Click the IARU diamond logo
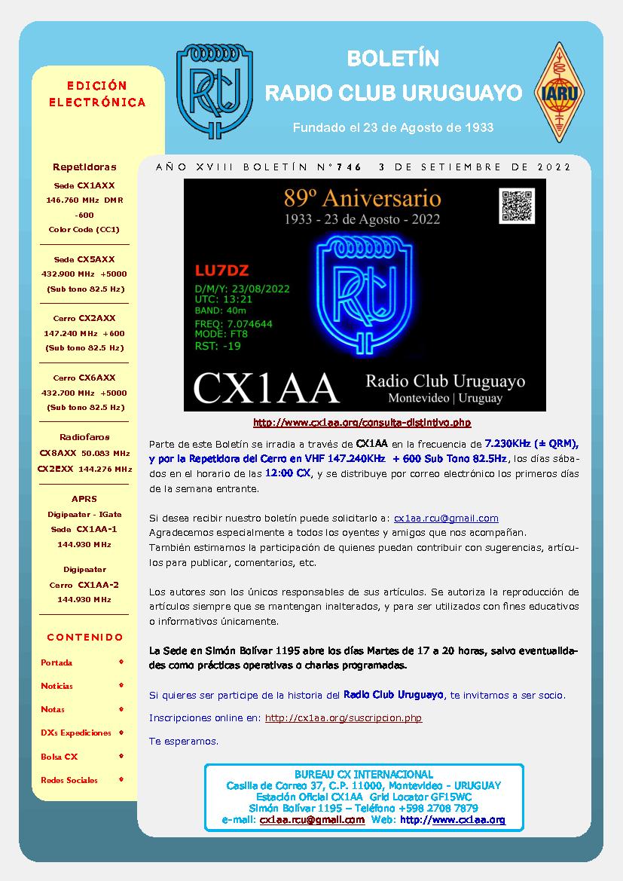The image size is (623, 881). click(560, 92)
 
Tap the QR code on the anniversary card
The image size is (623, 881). click(517, 206)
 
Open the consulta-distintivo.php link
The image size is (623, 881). click(362, 423)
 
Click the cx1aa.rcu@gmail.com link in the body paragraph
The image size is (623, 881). click(446, 518)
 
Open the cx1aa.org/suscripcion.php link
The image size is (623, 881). click(344, 718)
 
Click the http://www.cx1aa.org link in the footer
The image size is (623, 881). click(452, 820)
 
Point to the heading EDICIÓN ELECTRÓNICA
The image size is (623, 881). click(97, 94)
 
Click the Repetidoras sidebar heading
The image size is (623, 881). click(84, 167)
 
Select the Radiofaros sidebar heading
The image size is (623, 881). click(84, 437)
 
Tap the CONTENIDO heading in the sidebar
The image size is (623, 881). click(84, 638)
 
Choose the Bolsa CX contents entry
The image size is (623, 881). click(60, 757)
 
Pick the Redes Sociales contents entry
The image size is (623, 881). click(69, 780)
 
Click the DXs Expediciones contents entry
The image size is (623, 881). click(75, 733)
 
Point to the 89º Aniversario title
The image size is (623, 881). click(362, 198)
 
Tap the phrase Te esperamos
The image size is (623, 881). click(184, 741)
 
